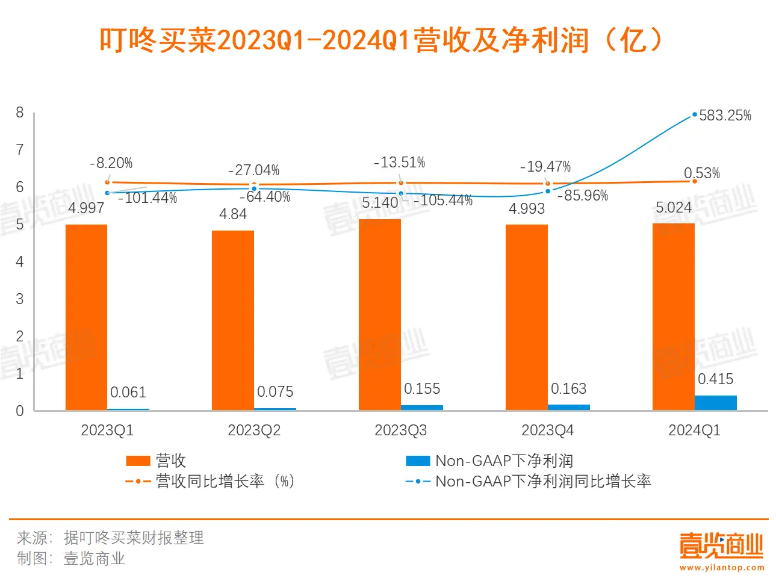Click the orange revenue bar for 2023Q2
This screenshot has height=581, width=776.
233,320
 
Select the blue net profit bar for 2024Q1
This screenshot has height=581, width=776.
715,403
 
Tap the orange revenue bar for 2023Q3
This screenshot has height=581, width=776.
379,314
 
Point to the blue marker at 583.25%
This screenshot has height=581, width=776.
695,114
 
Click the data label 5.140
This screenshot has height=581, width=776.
380,203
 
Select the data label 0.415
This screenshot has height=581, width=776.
715,379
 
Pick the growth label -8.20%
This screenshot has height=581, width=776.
111,163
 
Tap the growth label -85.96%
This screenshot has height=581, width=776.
583,196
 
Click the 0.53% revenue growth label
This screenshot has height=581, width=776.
702,173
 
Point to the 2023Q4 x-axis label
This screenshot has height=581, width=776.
547,430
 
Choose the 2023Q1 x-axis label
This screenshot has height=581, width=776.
107,430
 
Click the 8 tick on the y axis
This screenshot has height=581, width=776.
20,113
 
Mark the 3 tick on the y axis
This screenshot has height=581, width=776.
20,299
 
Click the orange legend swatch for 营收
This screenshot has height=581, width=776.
138,461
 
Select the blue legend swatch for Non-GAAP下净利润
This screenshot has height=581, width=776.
418,461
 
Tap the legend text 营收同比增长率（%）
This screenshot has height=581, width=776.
225,482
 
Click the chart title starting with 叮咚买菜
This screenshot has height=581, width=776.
380,41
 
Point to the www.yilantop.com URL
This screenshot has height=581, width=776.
721,567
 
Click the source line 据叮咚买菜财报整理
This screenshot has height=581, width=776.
134,538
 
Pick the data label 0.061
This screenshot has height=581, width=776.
128,393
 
